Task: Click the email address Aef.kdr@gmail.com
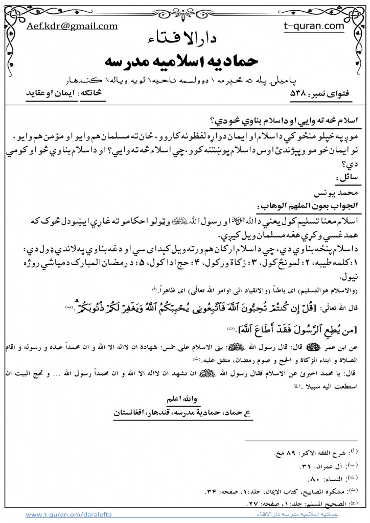pyautogui.click(x=72, y=26)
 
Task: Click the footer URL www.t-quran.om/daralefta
pyautogui.click(x=69, y=515)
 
